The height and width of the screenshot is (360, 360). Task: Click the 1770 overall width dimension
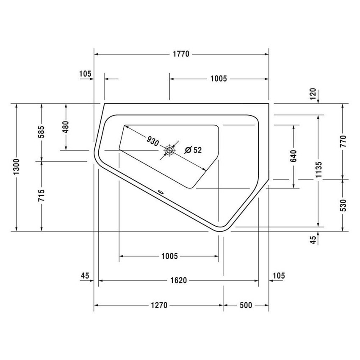[181, 54]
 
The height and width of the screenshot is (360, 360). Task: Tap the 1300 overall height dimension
[17, 166]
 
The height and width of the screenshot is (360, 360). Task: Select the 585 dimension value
[42, 132]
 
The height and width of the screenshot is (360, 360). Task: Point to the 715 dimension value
[42, 195]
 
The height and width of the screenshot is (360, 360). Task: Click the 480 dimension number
[66, 127]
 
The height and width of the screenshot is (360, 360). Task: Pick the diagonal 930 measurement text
[153, 141]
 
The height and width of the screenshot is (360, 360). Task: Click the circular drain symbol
[169, 151]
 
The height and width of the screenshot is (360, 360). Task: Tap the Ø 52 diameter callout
[194, 150]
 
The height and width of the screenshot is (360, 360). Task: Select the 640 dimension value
[294, 156]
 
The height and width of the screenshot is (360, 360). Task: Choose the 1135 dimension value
[318, 170]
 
